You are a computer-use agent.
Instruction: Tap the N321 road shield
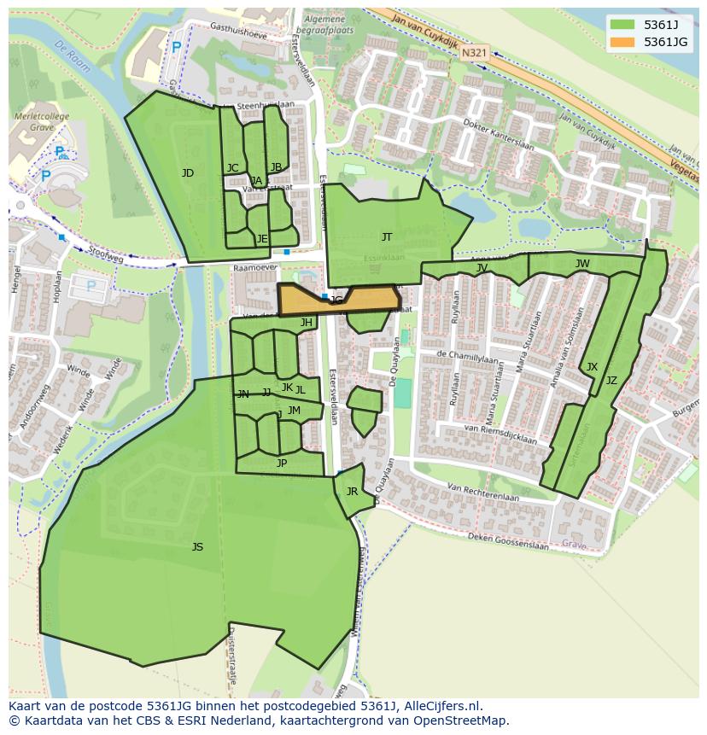(475, 53)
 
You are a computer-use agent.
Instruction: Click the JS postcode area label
(197, 547)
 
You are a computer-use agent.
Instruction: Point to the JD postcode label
(188, 173)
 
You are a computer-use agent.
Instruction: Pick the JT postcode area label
(387, 237)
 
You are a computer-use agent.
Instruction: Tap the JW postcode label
(582, 264)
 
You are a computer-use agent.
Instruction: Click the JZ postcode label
(611, 381)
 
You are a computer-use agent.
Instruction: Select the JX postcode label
(592, 367)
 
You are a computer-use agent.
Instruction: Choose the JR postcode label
(352, 492)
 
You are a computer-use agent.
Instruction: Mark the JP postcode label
(282, 464)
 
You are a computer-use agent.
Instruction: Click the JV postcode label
(482, 268)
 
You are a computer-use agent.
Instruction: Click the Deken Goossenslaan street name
(509, 541)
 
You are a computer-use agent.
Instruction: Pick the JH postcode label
(306, 323)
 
